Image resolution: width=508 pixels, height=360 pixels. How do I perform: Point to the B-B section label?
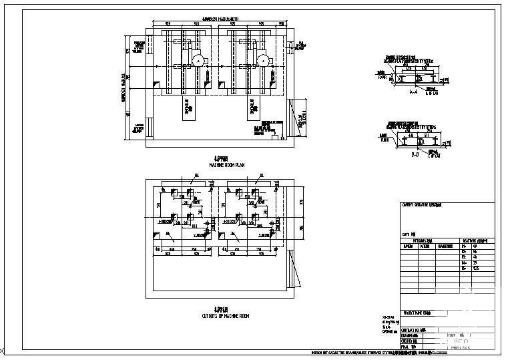coord(414,155)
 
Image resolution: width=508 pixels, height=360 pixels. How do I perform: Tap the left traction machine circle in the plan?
coord(198,61)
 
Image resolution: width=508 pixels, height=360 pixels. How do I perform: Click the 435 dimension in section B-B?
coord(411,135)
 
